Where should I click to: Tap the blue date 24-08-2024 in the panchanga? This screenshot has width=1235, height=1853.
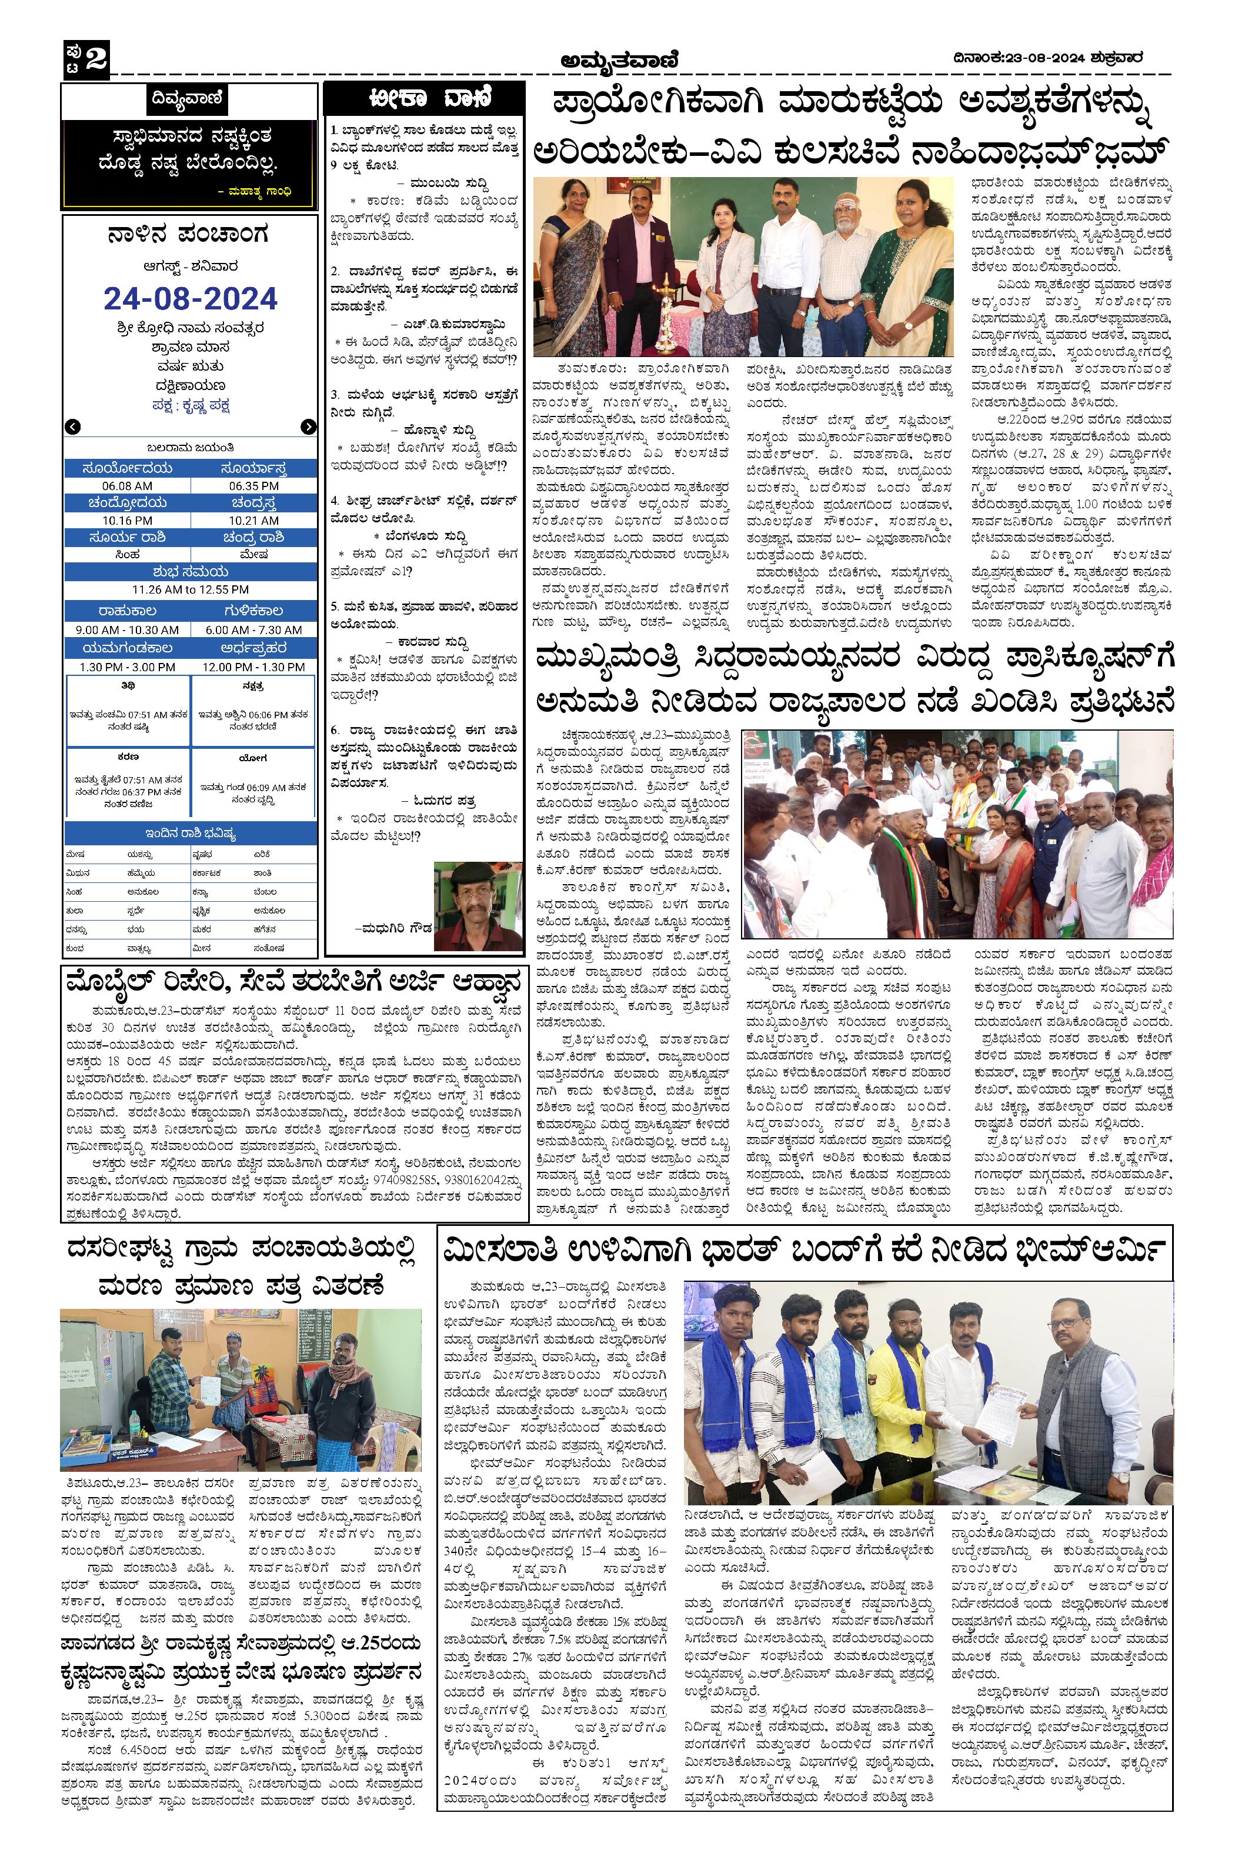click(191, 299)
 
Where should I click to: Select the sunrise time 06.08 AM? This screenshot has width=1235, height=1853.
click(127, 486)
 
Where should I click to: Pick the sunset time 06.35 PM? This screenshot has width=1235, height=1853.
click(253, 486)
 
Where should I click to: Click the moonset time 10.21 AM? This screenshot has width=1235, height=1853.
click(253, 521)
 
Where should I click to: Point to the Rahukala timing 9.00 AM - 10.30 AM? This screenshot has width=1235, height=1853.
click(127, 630)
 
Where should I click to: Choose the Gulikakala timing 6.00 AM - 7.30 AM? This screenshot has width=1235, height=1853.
click(253, 630)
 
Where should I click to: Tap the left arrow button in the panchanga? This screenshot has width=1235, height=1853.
click(72, 427)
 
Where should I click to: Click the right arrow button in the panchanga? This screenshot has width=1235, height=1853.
click(308, 427)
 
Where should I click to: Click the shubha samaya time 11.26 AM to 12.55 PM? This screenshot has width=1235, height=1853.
click(191, 589)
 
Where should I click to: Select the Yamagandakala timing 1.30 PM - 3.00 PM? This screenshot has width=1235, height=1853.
click(127, 666)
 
